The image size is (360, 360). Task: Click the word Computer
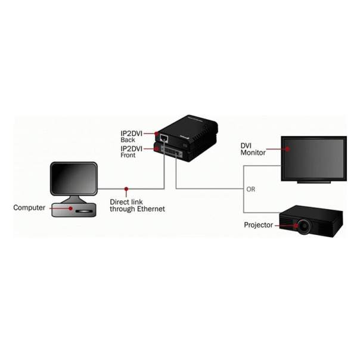29,208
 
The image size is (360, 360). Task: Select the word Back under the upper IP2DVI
128,139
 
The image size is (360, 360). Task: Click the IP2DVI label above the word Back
132,133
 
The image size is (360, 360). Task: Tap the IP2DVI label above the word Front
132,148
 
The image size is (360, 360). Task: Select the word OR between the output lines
251,190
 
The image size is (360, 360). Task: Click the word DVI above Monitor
247,145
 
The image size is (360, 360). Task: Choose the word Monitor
253,152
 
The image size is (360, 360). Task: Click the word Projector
259,225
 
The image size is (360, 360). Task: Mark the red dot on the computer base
72,209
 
